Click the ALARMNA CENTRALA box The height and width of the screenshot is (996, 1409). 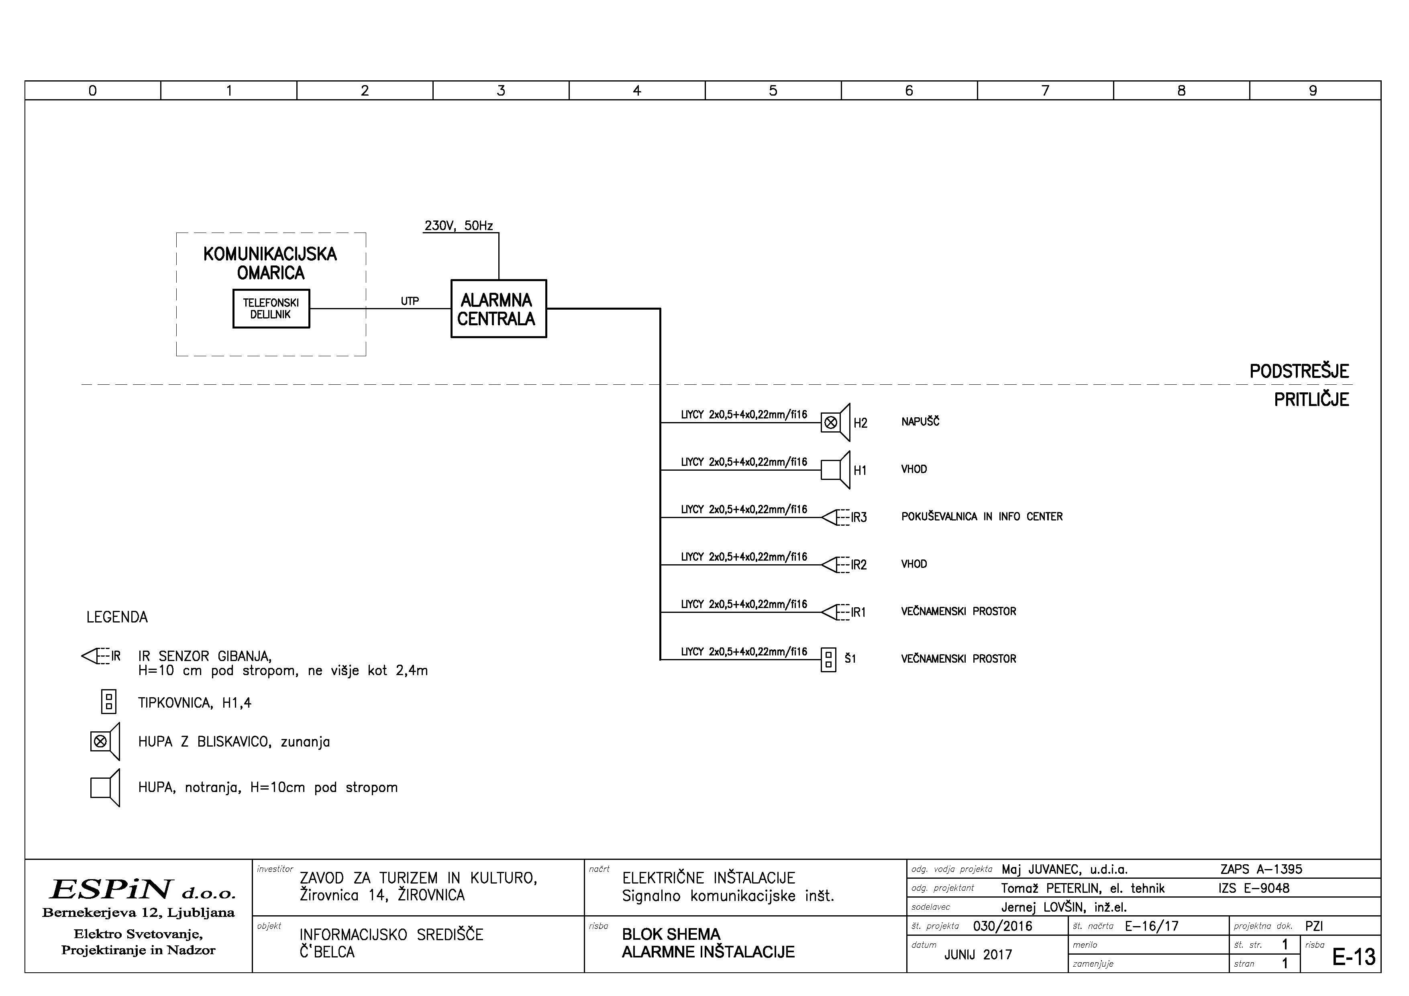pos(498,309)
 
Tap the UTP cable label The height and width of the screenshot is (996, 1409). pos(410,301)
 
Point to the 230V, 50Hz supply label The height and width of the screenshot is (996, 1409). pos(459,226)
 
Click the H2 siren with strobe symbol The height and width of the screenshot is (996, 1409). pos(835,422)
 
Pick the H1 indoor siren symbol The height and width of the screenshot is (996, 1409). pos(835,470)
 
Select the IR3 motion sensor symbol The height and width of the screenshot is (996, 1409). pos(833,517)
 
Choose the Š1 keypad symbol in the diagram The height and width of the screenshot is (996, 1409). pos(828,660)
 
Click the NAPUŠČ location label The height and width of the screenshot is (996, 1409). pos(920,422)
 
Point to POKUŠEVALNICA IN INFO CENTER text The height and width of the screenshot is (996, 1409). pos(981,517)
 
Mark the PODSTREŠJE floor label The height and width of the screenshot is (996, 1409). pos(1299,371)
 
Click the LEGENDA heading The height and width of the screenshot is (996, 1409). pos(117,617)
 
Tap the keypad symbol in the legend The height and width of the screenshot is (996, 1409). pos(109,702)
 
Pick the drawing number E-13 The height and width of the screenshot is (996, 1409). pos(1353,957)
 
